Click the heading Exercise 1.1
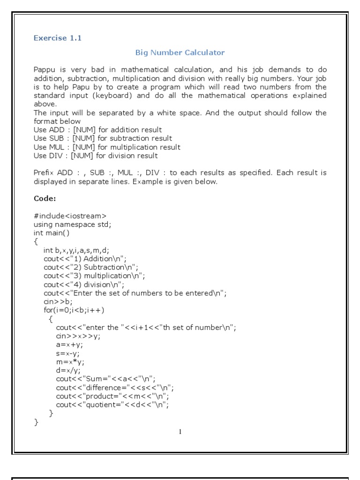(x=58, y=38)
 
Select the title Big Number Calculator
(x=180, y=52)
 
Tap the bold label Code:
(x=45, y=198)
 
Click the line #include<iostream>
(x=70, y=216)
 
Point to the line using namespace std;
(x=73, y=224)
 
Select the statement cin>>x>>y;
(x=78, y=336)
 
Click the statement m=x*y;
(x=67, y=361)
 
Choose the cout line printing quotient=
(x=112, y=405)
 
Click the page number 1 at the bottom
(x=180, y=432)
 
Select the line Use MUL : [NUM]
(x=107, y=147)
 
